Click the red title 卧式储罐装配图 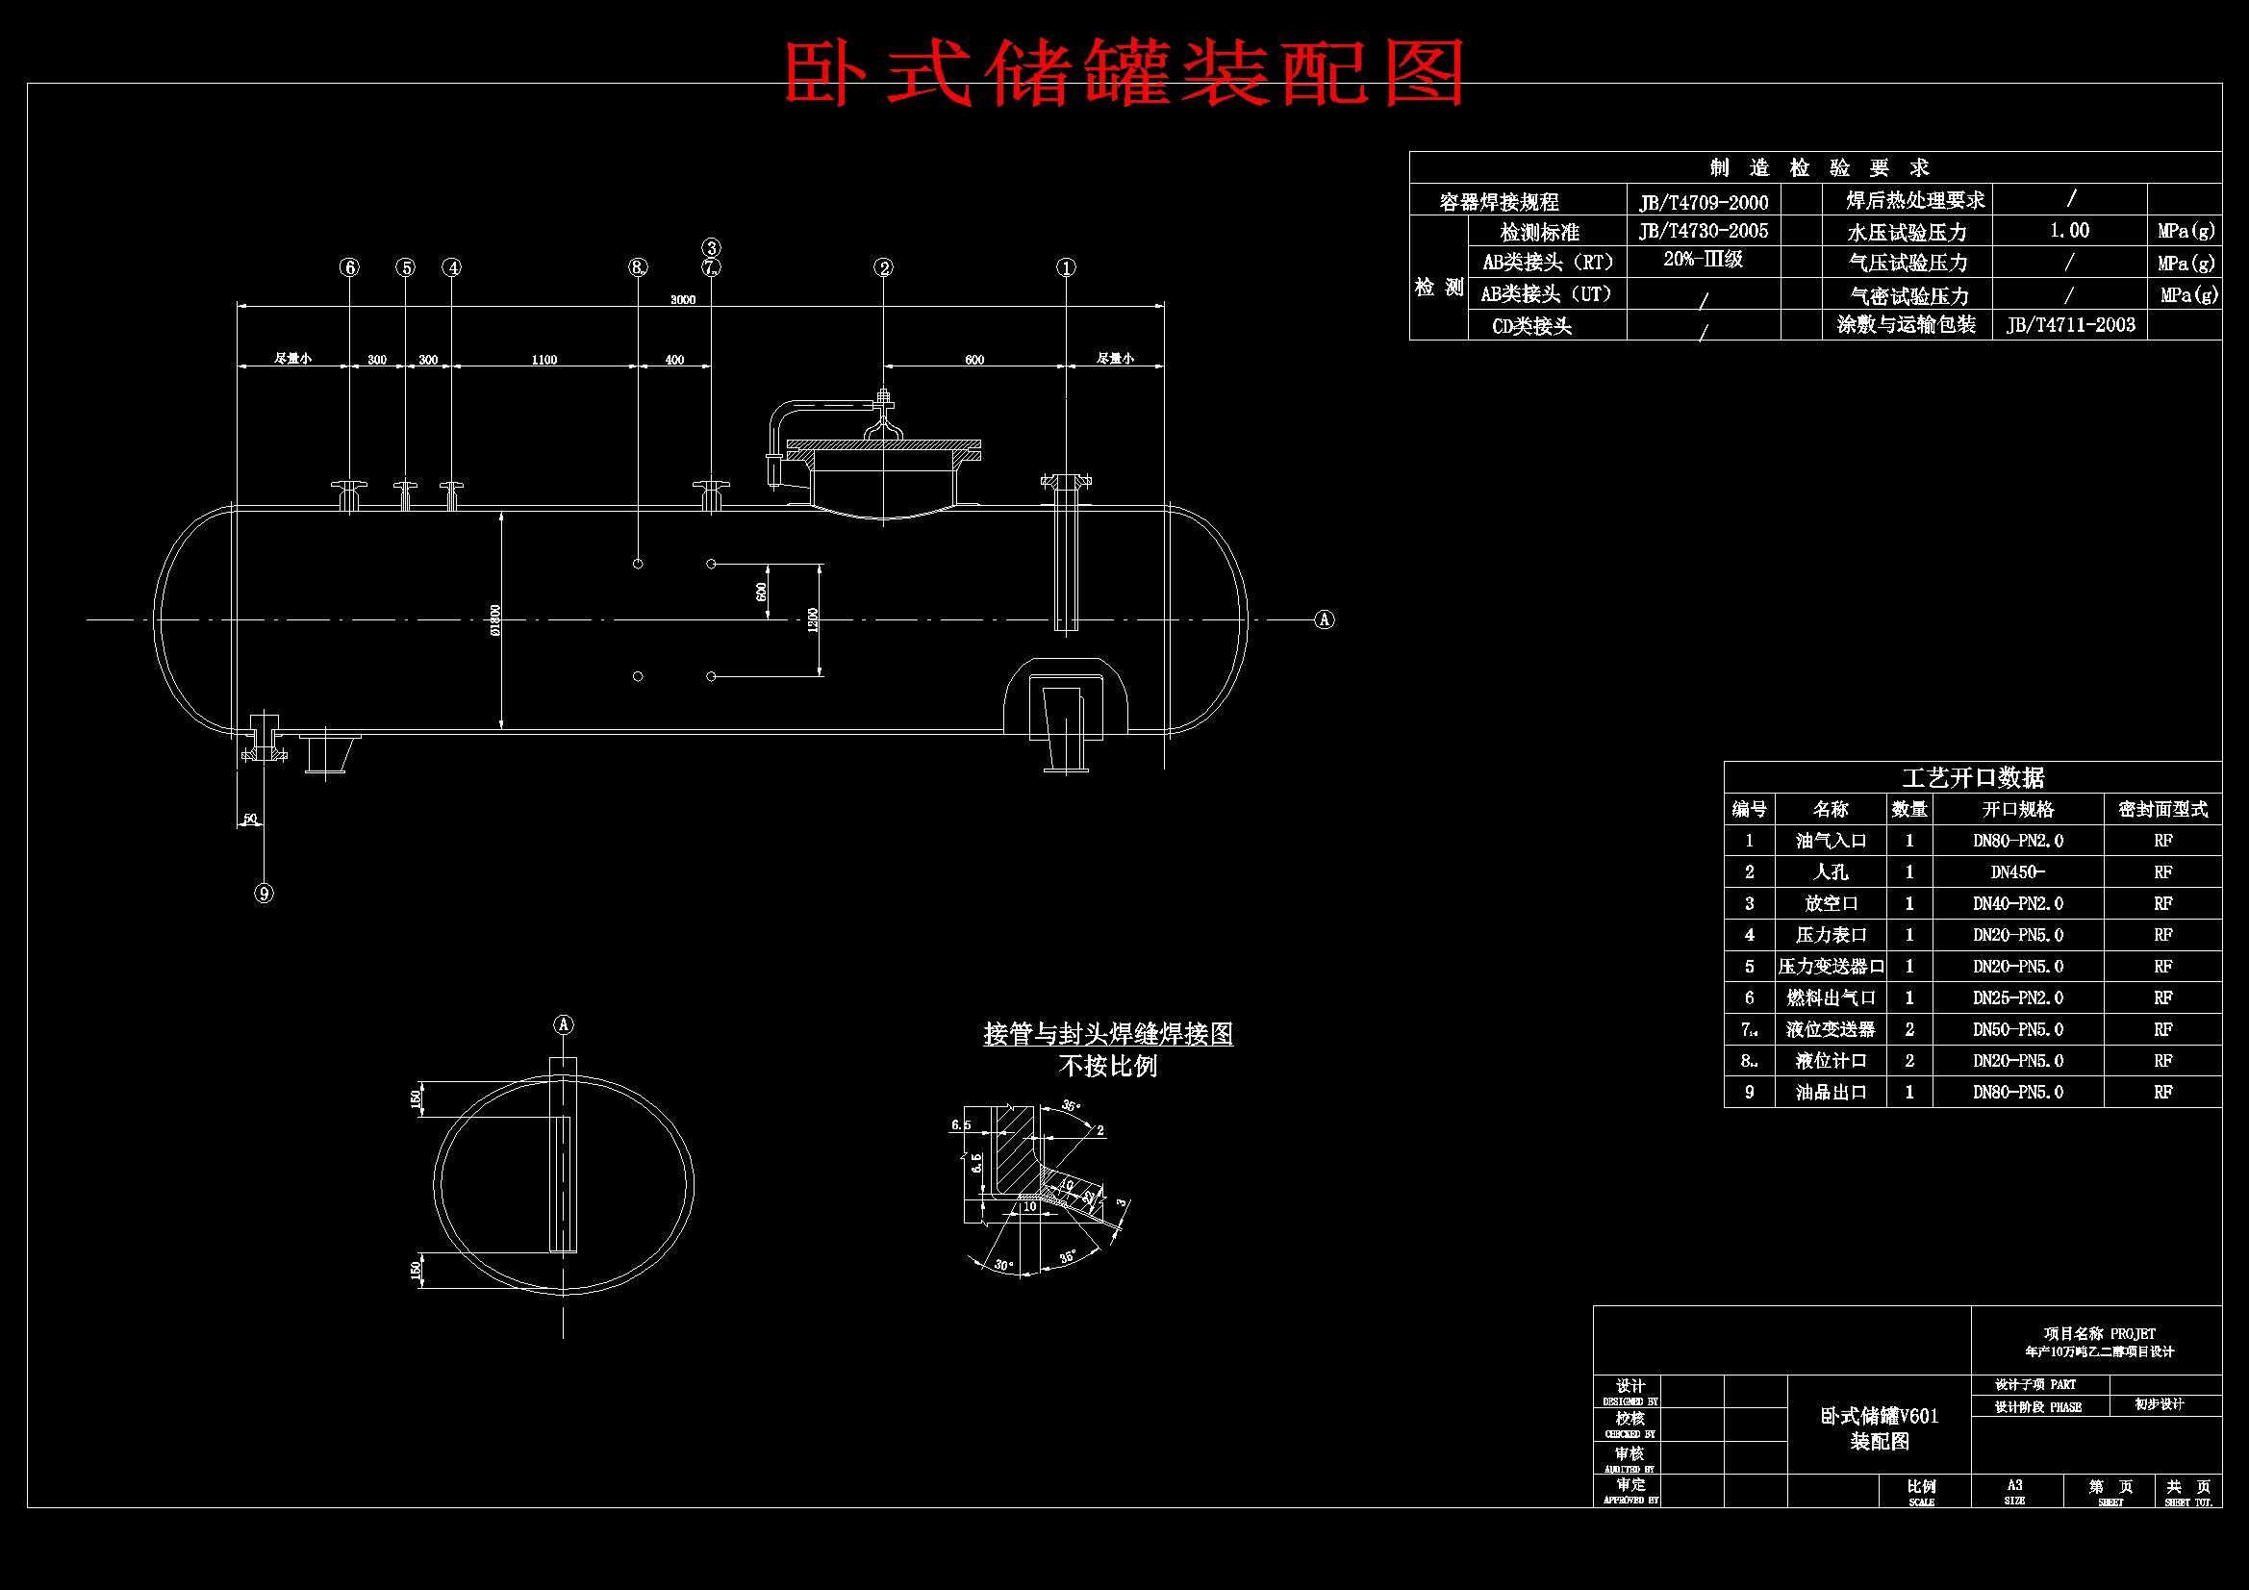[1124, 72]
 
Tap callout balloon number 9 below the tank [264, 894]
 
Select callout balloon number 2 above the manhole [883, 267]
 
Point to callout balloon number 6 [350, 267]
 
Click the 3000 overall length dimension [683, 300]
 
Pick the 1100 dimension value [544, 360]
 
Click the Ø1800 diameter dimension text [495, 619]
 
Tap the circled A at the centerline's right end [1325, 619]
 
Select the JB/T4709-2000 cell [1704, 203]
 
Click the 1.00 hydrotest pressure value [2069, 231]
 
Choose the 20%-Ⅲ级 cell [1703, 260]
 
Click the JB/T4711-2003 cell [2070, 325]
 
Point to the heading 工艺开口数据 [1973, 778]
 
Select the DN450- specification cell [2017, 871]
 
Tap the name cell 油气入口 [1831, 841]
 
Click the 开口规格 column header [2018, 809]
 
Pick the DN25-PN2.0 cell [2018, 998]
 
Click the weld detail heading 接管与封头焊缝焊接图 [1108, 1034]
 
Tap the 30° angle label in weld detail [1003, 1265]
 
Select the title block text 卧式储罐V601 [1879, 1417]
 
